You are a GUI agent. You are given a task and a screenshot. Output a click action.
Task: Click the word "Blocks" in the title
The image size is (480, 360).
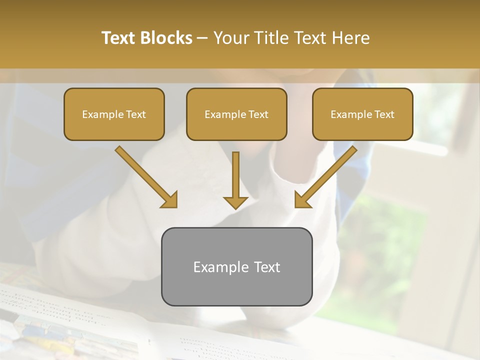tap(166, 38)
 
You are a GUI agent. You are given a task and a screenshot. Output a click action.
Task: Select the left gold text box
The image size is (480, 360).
tap(114, 114)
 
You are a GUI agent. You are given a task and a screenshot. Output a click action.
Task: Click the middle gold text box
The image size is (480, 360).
tap(236, 114)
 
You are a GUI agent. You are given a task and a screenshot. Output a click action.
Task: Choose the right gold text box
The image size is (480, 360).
tap(362, 114)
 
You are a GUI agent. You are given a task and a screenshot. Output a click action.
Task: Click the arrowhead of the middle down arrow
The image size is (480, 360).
tap(235, 202)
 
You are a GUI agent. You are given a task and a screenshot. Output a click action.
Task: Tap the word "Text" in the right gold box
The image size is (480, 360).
tap(384, 114)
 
